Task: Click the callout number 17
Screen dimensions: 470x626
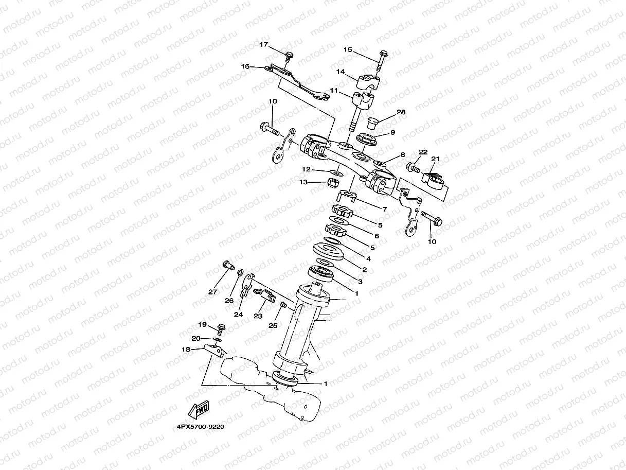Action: (263, 45)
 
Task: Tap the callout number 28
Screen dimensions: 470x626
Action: (401, 112)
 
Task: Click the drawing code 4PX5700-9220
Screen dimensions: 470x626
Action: (200, 426)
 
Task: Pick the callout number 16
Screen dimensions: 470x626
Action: (245, 66)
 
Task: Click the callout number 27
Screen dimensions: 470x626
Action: (212, 292)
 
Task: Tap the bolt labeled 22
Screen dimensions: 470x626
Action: (413, 167)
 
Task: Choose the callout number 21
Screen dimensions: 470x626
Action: (435, 159)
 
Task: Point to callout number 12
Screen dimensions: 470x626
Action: (306, 169)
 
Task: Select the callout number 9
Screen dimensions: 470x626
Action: (392, 132)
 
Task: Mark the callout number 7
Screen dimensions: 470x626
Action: (384, 208)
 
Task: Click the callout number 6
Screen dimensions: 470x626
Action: (376, 236)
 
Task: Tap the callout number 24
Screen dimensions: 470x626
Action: (238, 314)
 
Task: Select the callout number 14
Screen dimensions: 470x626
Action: (340, 71)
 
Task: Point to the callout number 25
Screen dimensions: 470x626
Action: (273, 325)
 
